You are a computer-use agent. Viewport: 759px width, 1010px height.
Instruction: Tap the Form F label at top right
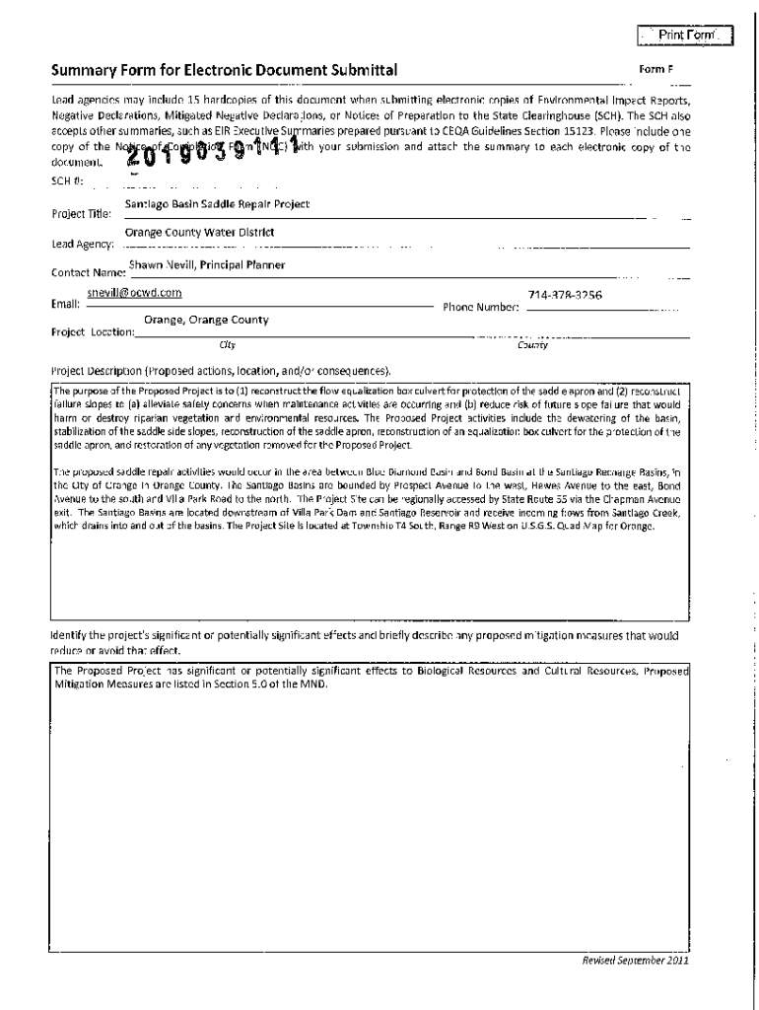point(656,70)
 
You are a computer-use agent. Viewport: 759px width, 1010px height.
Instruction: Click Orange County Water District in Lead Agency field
point(199,233)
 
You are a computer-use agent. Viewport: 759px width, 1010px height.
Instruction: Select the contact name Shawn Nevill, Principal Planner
point(207,264)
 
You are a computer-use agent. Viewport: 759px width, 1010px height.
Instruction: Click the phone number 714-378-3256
point(565,295)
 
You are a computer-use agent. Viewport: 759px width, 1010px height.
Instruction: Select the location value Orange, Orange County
point(206,321)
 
